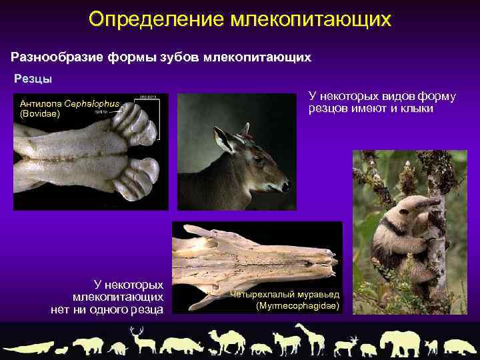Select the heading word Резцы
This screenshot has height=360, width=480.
point(33,79)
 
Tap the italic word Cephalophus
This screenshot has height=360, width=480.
point(93,104)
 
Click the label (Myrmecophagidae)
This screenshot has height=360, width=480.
point(297,306)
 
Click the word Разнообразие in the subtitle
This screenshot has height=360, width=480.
point(56,57)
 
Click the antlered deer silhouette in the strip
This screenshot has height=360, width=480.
point(141,339)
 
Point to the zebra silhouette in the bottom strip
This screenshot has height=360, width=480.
point(287,343)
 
